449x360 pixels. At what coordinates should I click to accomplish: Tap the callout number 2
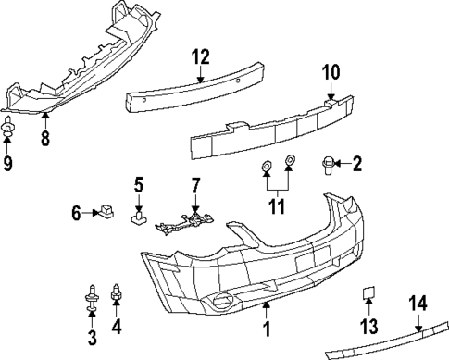click(x=355, y=166)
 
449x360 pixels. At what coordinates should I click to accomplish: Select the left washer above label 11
click(x=267, y=167)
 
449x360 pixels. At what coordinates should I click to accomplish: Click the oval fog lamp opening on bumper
click(x=222, y=299)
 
